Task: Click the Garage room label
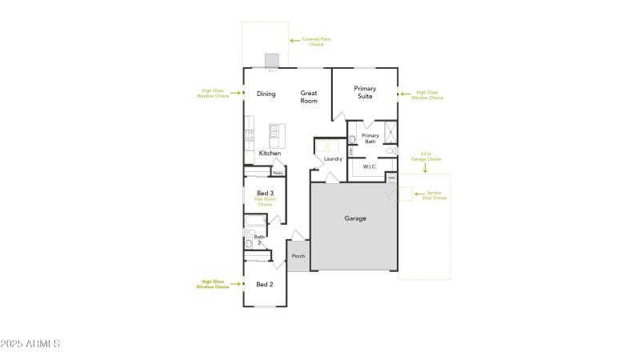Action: click(x=355, y=218)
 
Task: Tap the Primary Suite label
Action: click(x=365, y=92)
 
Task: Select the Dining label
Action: click(x=266, y=94)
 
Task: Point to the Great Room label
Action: click(x=309, y=97)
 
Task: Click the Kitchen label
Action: click(x=270, y=153)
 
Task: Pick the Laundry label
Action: click(x=333, y=158)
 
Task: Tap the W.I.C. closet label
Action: click(x=370, y=167)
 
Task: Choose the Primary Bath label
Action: click(x=370, y=138)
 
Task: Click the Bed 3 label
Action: click(x=266, y=193)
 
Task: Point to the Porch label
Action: click(x=298, y=256)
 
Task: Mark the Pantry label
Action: click(x=278, y=172)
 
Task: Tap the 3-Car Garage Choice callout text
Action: click(x=430, y=157)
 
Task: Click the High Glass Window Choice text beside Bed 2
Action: click(x=214, y=284)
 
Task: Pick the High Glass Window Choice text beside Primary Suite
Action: click(x=430, y=94)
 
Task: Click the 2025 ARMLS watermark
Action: click(x=31, y=344)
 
